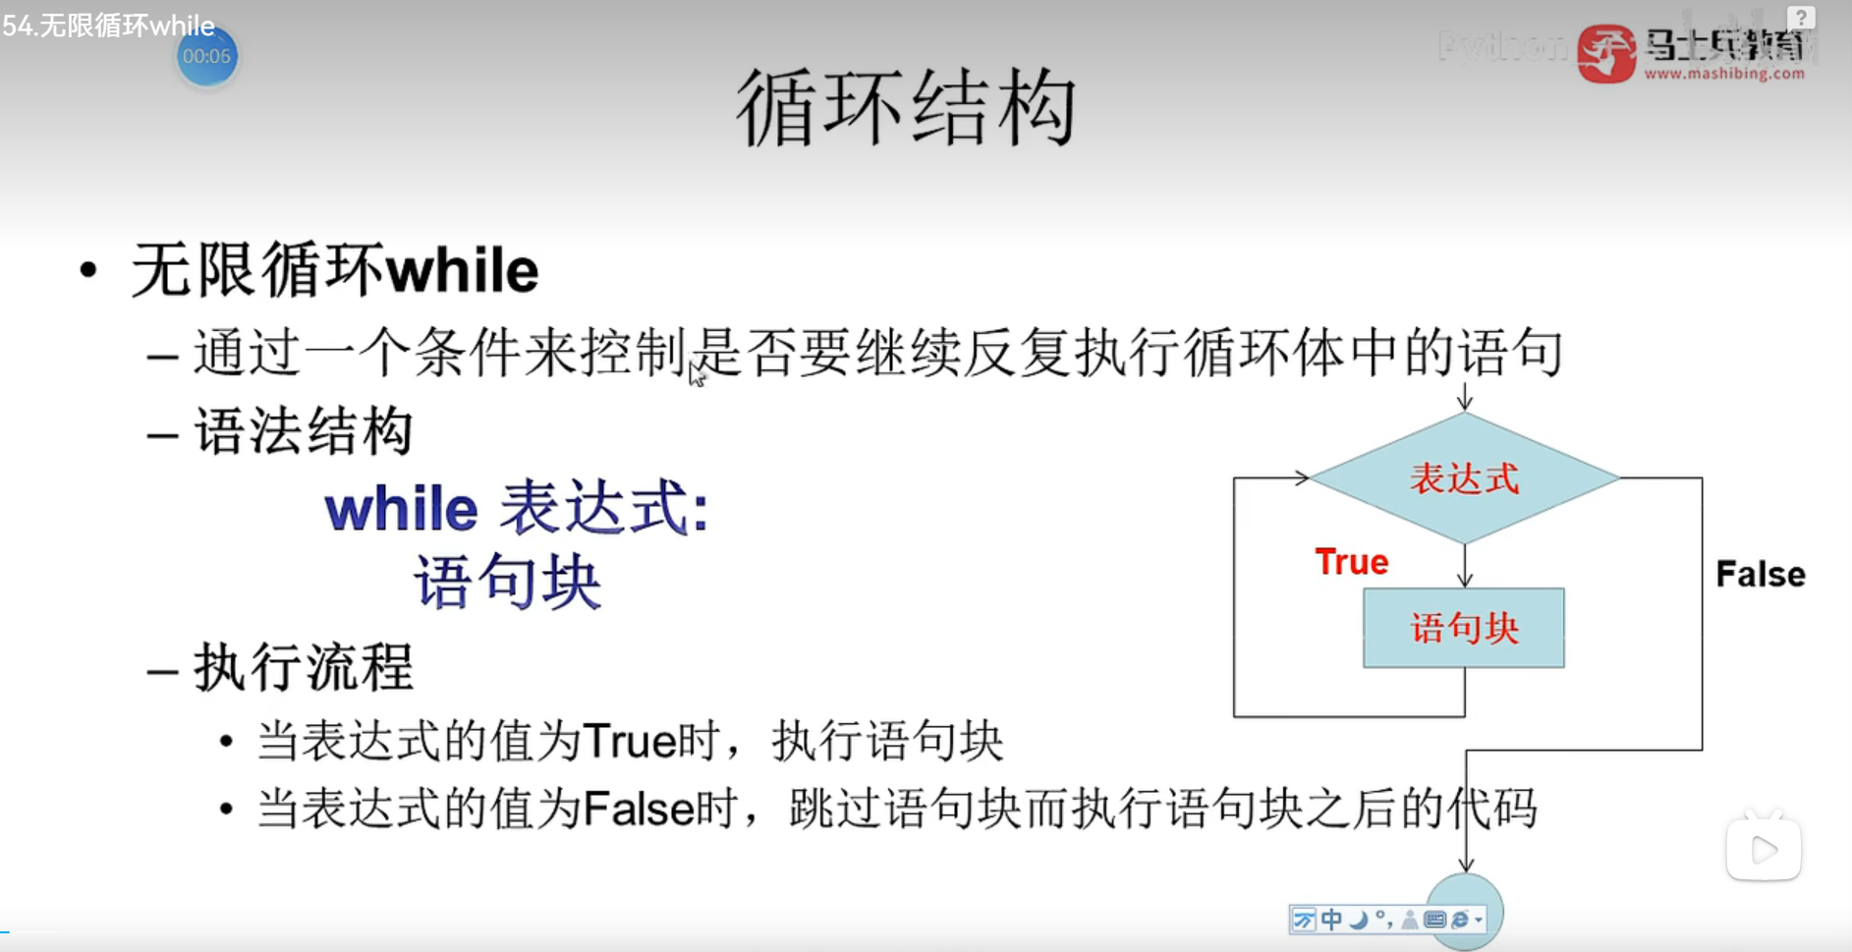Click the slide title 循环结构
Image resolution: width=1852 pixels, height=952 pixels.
pos(906,108)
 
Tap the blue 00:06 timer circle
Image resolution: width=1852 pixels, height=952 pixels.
pos(206,56)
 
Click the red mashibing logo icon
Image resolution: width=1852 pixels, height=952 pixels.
pos(1606,53)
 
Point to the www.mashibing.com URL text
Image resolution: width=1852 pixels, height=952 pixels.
pos(1724,73)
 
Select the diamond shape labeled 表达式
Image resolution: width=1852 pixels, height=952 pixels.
pos(1465,478)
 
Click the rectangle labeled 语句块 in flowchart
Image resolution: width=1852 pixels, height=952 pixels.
pos(1464,628)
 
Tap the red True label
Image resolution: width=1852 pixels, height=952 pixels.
pos(1352,562)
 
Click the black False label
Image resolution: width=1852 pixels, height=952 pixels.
pos(1761,574)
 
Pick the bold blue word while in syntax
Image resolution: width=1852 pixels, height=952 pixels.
pos(402,509)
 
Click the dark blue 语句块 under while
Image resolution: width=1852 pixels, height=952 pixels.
pos(507,582)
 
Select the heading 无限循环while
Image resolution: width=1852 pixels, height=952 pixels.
pos(335,270)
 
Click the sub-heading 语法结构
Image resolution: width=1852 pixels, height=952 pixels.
pos(304,431)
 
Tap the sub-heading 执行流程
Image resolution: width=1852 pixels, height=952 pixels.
pos(304,667)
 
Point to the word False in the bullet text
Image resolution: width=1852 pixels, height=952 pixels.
pos(640,810)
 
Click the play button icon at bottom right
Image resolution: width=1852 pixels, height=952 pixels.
pos(1764,848)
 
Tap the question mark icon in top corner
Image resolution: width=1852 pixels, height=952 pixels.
pos(1801,18)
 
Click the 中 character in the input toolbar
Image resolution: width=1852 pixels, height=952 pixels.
pos(1331,920)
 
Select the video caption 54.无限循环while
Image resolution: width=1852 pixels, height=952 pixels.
pos(108,26)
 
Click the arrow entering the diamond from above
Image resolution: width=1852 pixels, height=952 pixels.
pos(1465,397)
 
